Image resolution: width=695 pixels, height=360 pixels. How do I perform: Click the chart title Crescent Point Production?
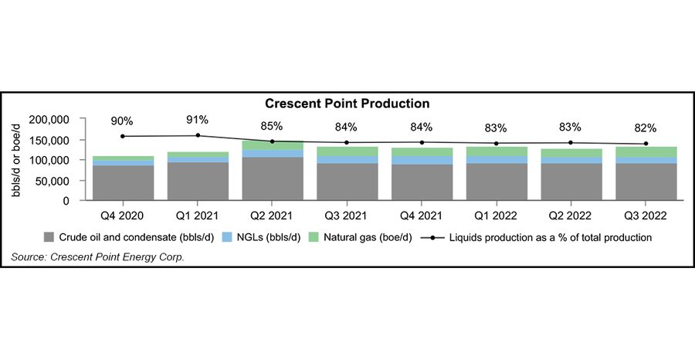click(347, 103)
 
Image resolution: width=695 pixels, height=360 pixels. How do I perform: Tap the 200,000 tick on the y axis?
click(49, 121)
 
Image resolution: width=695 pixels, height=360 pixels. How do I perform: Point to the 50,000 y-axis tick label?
click(53, 181)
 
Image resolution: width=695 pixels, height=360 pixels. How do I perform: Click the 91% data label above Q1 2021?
click(197, 120)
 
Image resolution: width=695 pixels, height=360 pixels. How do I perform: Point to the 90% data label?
click(122, 121)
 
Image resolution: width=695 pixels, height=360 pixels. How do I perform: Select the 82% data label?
click(646, 128)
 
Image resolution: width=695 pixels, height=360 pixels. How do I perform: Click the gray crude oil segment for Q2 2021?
click(272, 179)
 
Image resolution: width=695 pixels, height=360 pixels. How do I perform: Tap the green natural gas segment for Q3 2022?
click(646, 152)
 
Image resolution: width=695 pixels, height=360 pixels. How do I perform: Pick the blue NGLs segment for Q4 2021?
click(422, 161)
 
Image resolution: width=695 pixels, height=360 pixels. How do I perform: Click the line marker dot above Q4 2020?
click(122, 136)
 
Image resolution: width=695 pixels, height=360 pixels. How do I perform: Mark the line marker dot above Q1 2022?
click(496, 143)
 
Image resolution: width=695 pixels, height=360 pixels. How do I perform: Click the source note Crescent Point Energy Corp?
click(97, 256)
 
